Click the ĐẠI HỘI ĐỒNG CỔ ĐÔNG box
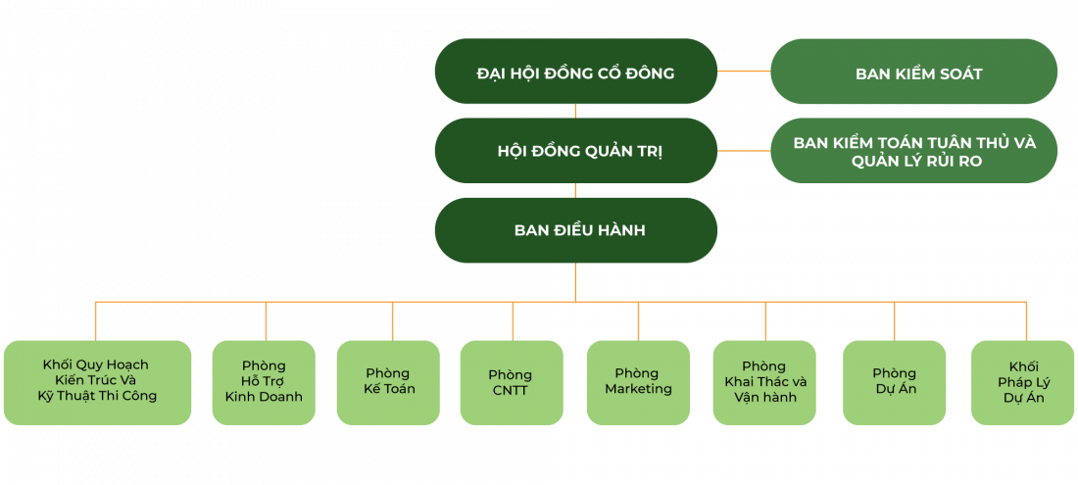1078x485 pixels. pos(575,72)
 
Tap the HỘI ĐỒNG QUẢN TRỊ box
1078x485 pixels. pos(575,151)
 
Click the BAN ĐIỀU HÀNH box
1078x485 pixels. pos(575,230)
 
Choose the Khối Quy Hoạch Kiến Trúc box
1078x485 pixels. pos(96,381)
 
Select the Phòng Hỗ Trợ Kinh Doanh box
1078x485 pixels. pos(264,381)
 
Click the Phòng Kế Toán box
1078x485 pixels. pos(388,381)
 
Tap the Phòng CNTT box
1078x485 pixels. pos(511,381)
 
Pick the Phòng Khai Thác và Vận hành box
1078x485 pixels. pos(764,381)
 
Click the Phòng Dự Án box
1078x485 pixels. pos(894,381)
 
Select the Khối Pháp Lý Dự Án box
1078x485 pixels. pos(1023,381)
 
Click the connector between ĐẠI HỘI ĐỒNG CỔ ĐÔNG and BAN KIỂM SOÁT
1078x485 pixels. pos(744,72)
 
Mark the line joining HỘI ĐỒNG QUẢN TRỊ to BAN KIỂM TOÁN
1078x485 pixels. pos(744,151)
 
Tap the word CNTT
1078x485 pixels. pos(511,390)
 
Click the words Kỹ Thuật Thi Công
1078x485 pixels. pos(96,396)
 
